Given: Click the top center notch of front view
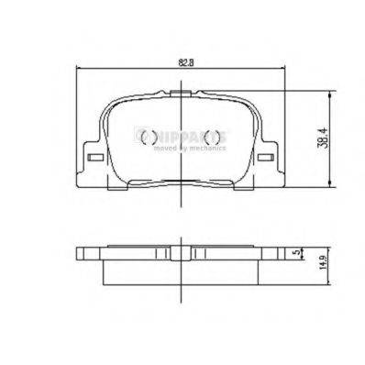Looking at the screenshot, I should [x=181, y=94].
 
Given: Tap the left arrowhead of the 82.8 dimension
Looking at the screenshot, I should [x=76, y=71].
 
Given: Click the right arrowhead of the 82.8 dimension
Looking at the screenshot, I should [x=289, y=71].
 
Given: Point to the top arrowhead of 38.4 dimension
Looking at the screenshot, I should [x=326, y=94].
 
